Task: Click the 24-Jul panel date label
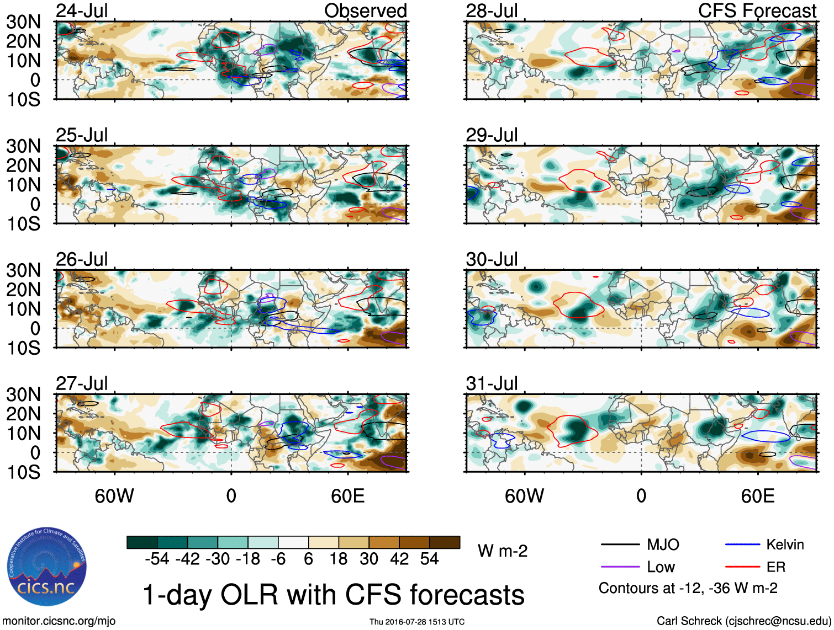tap(82, 10)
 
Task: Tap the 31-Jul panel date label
tap(492, 383)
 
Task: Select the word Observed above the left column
tap(365, 10)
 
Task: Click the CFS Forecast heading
tap(757, 10)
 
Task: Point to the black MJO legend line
tap(620, 545)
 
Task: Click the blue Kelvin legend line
tap(742, 545)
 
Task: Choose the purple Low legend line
tap(620, 567)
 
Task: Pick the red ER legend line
tap(742, 567)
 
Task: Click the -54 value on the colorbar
tap(157, 559)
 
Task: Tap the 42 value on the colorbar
tap(399, 559)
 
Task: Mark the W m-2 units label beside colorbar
tap(503, 551)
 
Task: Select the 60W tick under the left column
tap(114, 496)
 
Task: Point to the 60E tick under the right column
tap(757, 496)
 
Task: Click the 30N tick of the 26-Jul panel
tap(23, 270)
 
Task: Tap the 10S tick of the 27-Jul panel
tap(23, 472)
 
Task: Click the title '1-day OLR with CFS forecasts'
tap(333, 595)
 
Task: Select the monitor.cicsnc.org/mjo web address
tap(59, 621)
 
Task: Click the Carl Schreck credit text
tap(743, 621)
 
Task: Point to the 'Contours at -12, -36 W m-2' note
tap(688, 589)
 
